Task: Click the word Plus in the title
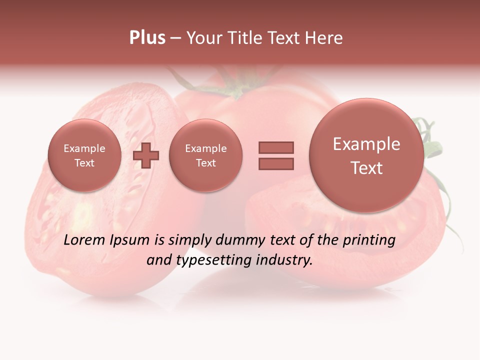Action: coord(147,38)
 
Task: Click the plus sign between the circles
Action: coord(146,155)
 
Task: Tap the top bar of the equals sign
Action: coord(276,147)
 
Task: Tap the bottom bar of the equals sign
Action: coord(276,163)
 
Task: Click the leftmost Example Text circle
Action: coord(84,155)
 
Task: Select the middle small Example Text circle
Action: coord(205,155)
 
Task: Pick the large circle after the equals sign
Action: coord(366,155)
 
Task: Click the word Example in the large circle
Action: coord(366,144)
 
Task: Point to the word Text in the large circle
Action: coord(366,168)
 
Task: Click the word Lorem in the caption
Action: coord(82,240)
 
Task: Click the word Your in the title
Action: coord(204,38)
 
